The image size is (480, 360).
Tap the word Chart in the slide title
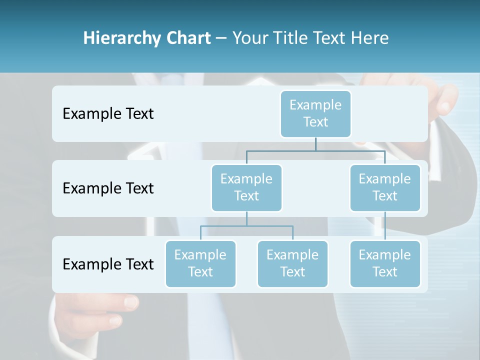[x=188, y=38]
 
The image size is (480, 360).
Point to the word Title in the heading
[x=293, y=38]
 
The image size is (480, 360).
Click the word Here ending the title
[x=370, y=38]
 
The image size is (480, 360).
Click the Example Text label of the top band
[x=108, y=114]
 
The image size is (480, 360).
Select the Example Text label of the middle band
[x=108, y=188]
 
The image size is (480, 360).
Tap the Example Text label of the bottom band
[x=108, y=264]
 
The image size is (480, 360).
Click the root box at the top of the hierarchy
[x=315, y=113]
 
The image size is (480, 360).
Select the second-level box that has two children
[x=246, y=187]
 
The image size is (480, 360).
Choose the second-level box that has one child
[x=385, y=187]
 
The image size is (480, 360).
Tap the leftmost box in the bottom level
[x=200, y=263]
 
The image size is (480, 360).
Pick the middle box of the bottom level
[x=292, y=263]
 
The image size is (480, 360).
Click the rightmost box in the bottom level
[x=385, y=263]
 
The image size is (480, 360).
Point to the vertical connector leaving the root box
[x=315, y=144]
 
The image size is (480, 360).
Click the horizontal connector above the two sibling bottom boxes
[x=246, y=226]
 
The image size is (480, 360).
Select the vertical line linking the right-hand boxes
[x=385, y=226]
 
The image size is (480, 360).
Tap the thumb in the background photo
[x=131, y=301]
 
